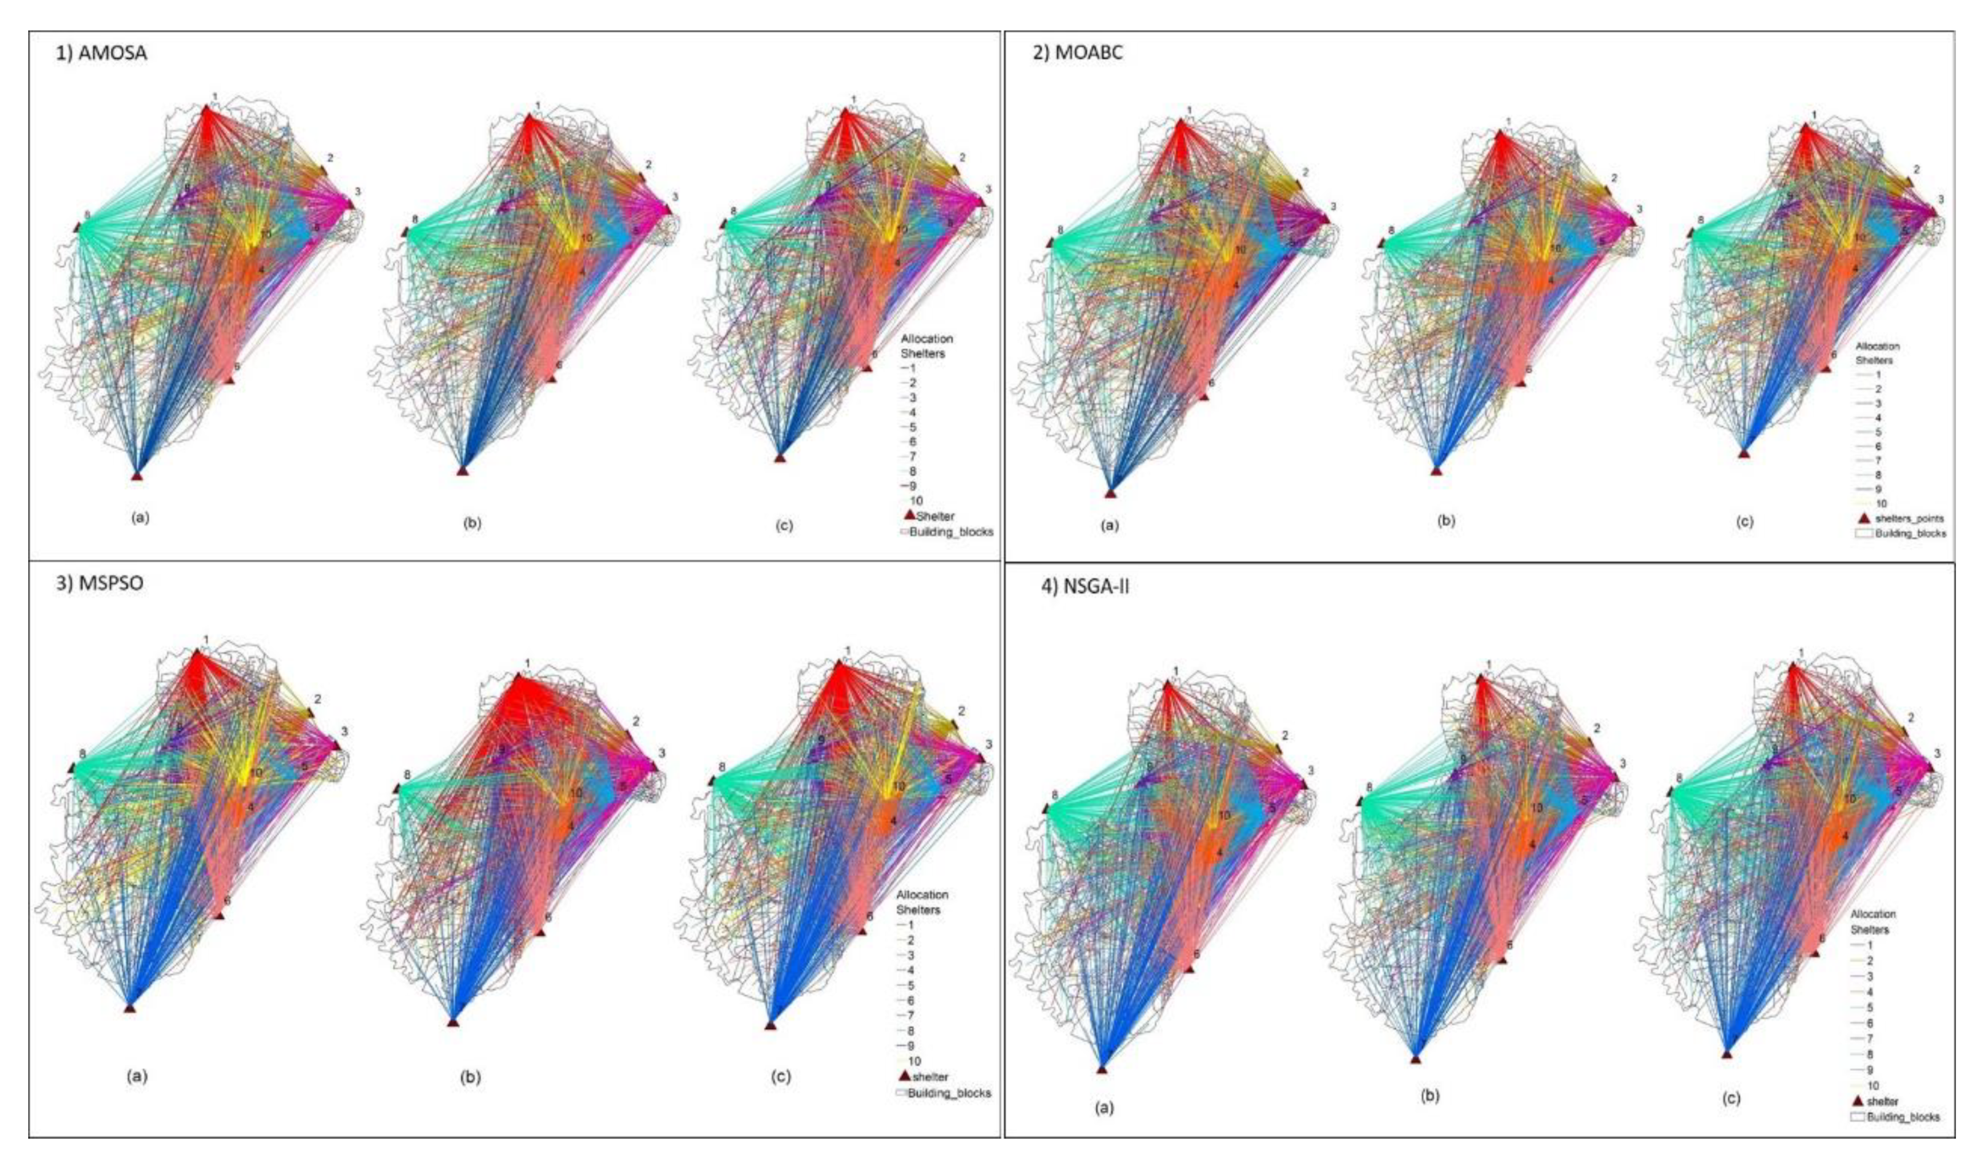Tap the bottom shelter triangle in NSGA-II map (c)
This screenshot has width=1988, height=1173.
pos(1727,1054)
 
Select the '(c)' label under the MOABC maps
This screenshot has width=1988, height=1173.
pos(1744,522)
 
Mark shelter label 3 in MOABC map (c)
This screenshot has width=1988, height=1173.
pos(1940,199)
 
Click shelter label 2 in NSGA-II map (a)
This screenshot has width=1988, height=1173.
pos(1284,735)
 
